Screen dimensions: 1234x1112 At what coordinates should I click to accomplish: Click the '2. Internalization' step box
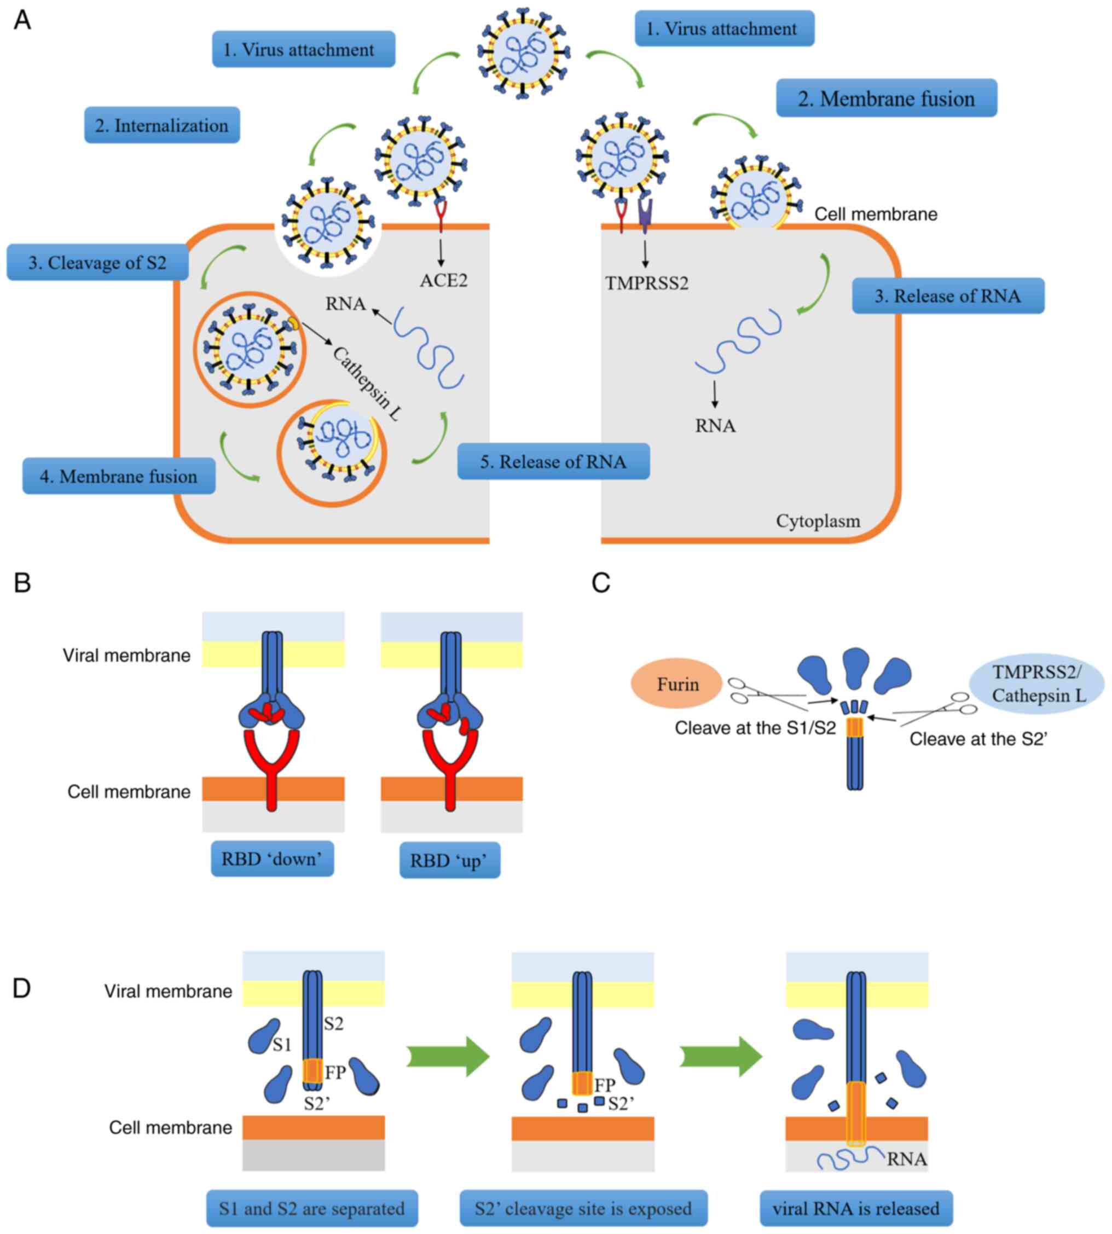tap(162, 125)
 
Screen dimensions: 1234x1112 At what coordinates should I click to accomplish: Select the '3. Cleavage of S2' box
tap(98, 263)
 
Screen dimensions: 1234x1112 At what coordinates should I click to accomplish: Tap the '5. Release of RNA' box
tap(553, 462)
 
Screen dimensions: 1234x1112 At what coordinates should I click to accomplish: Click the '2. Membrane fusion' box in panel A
tap(886, 99)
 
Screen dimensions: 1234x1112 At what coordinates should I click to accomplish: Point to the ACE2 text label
tap(444, 281)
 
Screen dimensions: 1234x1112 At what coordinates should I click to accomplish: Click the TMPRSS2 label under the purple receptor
tap(646, 283)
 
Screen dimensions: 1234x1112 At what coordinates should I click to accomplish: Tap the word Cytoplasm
tap(818, 521)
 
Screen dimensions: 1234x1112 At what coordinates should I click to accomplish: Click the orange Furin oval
tap(676, 683)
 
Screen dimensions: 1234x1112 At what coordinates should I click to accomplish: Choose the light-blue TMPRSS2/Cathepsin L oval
tap(1037, 683)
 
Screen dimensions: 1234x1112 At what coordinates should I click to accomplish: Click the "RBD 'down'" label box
tap(273, 859)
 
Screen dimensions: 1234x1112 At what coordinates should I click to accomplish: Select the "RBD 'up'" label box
tap(450, 860)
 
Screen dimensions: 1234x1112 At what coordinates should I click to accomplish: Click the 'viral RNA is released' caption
tap(855, 1208)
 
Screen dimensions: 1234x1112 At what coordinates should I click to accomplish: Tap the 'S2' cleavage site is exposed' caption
tap(583, 1208)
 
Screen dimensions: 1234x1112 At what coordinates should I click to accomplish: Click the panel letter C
tap(601, 583)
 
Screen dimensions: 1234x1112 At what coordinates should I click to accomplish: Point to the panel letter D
tap(21, 988)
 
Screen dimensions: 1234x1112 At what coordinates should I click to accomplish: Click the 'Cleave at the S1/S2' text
tap(755, 728)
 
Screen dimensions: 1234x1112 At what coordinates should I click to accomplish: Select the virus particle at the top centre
tap(523, 54)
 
